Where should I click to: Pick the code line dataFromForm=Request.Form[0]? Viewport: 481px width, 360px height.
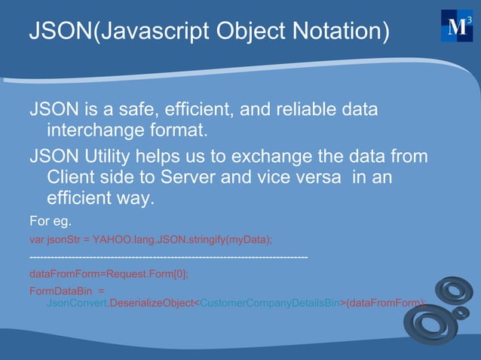point(109,274)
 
